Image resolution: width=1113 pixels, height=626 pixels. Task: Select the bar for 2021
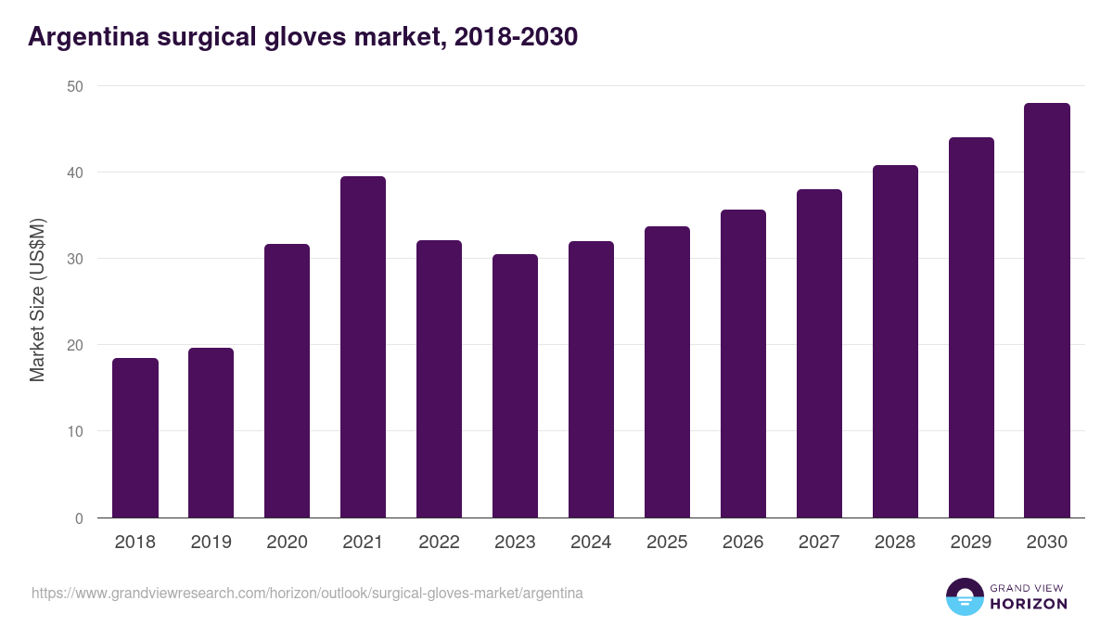[363, 347]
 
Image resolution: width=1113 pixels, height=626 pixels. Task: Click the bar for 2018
[135, 438]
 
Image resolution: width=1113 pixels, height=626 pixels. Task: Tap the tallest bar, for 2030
[1047, 311]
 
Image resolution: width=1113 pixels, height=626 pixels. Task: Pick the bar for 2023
[515, 386]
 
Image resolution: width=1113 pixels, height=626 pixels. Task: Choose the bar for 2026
[743, 364]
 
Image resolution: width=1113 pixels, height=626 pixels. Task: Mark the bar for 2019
[211, 433]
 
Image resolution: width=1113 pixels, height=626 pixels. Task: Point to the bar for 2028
[895, 341]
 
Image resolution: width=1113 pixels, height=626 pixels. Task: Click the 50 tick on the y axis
[74, 86]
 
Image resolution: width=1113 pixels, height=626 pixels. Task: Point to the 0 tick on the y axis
[79, 518]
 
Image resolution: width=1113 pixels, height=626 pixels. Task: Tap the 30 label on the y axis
[74, 259]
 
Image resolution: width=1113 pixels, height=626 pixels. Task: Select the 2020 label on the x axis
[287, 543]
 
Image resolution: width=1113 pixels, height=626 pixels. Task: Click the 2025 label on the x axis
[667, 543]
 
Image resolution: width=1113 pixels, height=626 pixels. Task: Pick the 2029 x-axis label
[971, 543]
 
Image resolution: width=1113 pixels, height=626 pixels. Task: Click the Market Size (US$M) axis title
[37, 301]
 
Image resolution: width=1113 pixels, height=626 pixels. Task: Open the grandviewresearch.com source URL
[307, 593]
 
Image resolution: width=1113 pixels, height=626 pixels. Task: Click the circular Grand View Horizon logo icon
[965, 596]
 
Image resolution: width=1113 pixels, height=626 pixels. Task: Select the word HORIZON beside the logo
[1029, 604]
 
